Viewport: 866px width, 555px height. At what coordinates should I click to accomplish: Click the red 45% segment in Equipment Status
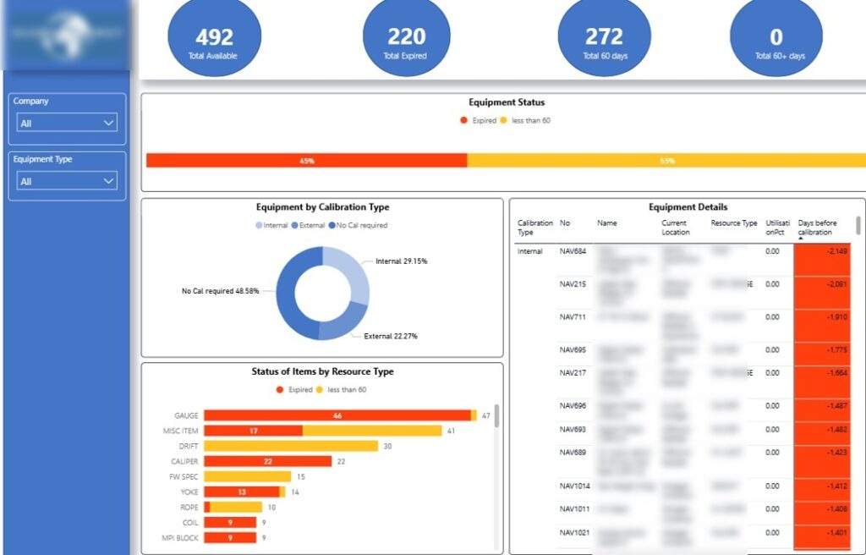click(306, 161)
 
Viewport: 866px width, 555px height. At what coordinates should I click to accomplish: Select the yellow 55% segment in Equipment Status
click(666, 161)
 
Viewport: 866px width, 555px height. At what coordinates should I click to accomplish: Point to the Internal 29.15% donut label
click(401, 261)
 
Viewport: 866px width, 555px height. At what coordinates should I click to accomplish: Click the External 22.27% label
click(390, 336)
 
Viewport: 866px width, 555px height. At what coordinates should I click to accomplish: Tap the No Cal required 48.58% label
click(220, 291)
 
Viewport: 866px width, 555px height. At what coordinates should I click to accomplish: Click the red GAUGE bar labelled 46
click(337, 415)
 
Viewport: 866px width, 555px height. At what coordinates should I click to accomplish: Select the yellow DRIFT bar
click(290, 446)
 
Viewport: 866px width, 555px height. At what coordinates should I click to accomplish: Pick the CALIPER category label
click(184, 461)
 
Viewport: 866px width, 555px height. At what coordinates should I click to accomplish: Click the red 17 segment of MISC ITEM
click(253, 431)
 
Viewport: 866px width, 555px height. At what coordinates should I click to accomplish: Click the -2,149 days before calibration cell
click(822, 251)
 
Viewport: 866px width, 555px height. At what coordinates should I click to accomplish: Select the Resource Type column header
click(733, 223)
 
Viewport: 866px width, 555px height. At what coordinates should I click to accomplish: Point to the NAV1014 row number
click(575, 486)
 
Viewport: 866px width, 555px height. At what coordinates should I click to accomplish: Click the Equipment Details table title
click(688, 206)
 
